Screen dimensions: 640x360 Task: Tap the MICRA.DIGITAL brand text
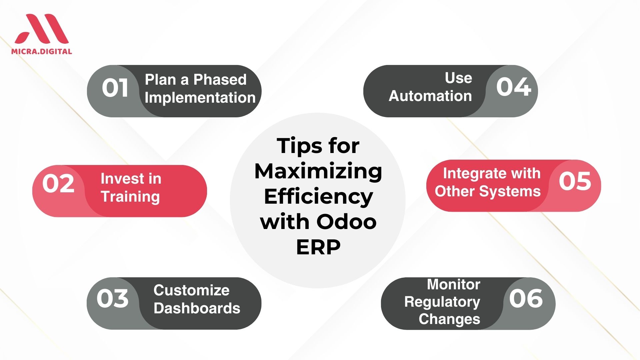click(x=42, y=51)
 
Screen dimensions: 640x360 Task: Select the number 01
click(x=115, y=88)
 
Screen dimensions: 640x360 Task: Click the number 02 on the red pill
click(x=58, y=183)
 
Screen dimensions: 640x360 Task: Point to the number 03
click(x=113, y=298)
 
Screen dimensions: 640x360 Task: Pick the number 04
click(x=513, y=87)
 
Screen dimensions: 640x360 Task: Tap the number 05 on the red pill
click(x=575, y=181)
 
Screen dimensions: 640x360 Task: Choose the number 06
click(x=526, y=298)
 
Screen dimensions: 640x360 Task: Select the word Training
click(x=130, y=197)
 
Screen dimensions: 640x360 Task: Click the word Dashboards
click(x=197, y=308)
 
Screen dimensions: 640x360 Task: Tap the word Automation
click(x=430, y=96)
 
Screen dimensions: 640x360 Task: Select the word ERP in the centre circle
click(x=318, y=247)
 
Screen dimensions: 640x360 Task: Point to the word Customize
click(x=192, y=290)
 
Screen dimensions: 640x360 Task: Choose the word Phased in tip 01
click(x=220, y=80)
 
